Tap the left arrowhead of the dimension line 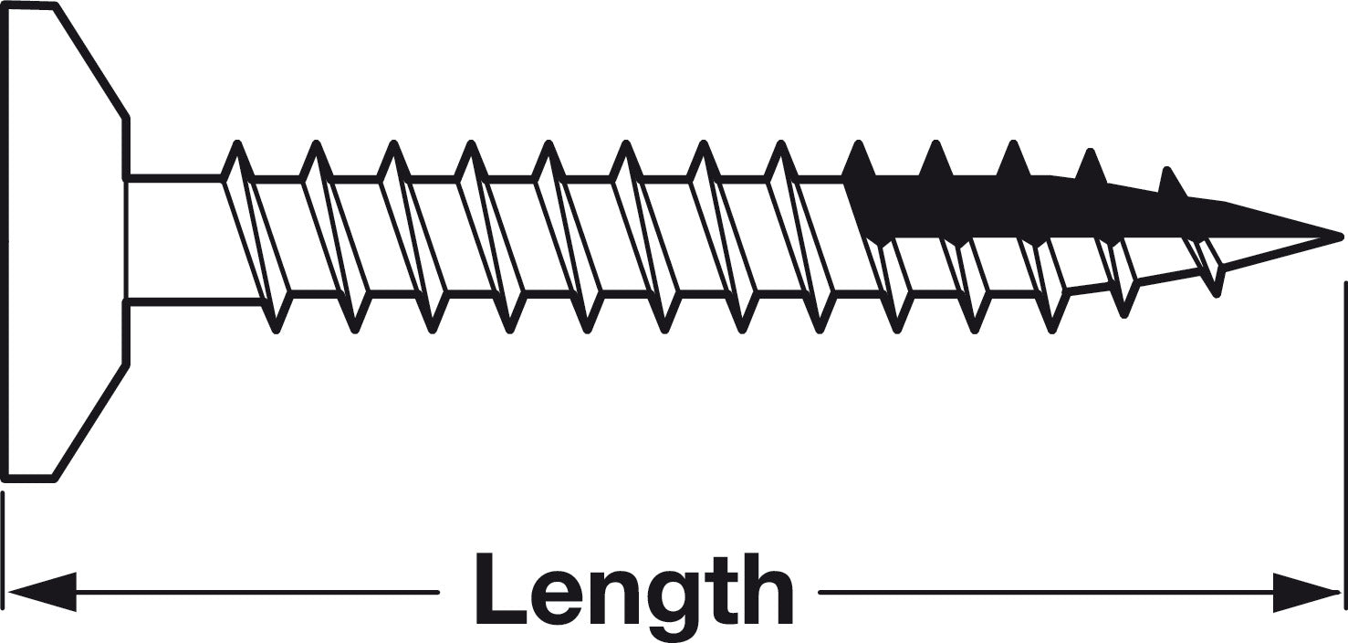coord(42,593)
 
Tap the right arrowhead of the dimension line coord(1306,593)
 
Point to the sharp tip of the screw coord(1340,237)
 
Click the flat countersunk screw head coord(67,242)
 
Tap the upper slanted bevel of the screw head coord(90,60)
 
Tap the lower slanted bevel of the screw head coord(90,421)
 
